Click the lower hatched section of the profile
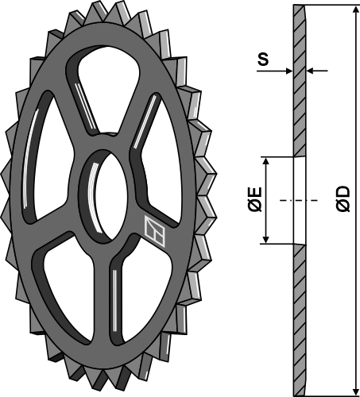click(299, 318)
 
